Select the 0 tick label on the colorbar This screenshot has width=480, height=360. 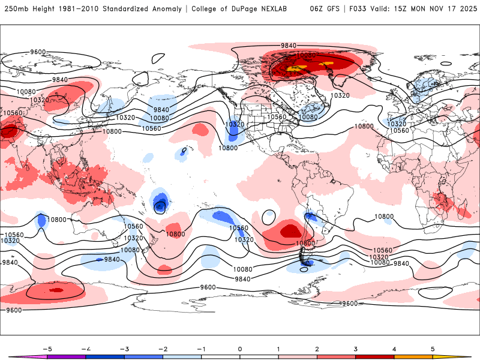(x=239, y=349)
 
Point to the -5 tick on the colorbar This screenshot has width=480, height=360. (x=47, y=349)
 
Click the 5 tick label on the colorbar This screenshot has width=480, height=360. (x=433, y=349)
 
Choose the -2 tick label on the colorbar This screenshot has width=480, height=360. (x=163, y=349)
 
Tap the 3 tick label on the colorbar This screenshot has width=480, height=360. (x=355, y=349)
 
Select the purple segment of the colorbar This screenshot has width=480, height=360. (x=66, y=357)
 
